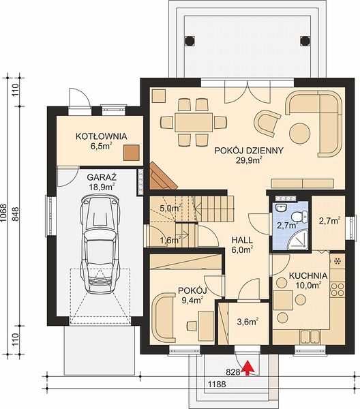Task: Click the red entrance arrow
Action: pos(247,368)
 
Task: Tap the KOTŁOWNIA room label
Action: pos(101,136)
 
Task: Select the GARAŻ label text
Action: pos(102,177)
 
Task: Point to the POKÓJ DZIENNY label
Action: pos(249,151)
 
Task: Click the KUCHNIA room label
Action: pos(308,275)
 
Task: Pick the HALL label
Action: pos(242,240)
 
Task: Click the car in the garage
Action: pos(101,244)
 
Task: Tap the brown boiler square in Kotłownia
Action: pos(131,153)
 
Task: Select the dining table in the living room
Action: pos(194,122)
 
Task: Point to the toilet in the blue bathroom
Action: pos(300,217)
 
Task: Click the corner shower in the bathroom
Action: pos(298,240)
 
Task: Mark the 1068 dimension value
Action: pos(3,213)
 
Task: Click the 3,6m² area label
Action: pos(247,322)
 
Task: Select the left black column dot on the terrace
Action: pos(190,40)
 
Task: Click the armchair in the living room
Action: pos(267,123)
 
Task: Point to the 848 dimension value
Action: pos(16,214)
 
